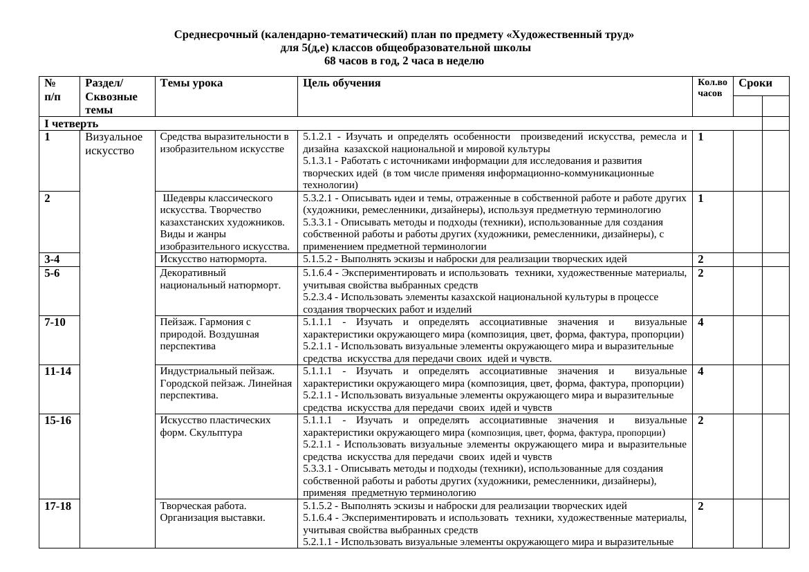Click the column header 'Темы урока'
191,83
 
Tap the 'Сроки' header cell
755,83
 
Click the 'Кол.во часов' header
712,87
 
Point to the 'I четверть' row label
71,124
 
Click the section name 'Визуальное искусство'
113,143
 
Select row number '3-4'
52,259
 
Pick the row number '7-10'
55,322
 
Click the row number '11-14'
57,371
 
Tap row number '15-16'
57,420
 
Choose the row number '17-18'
57,506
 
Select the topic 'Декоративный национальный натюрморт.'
220,279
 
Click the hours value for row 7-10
700,322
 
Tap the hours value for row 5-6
700,273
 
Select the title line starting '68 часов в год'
404,61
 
